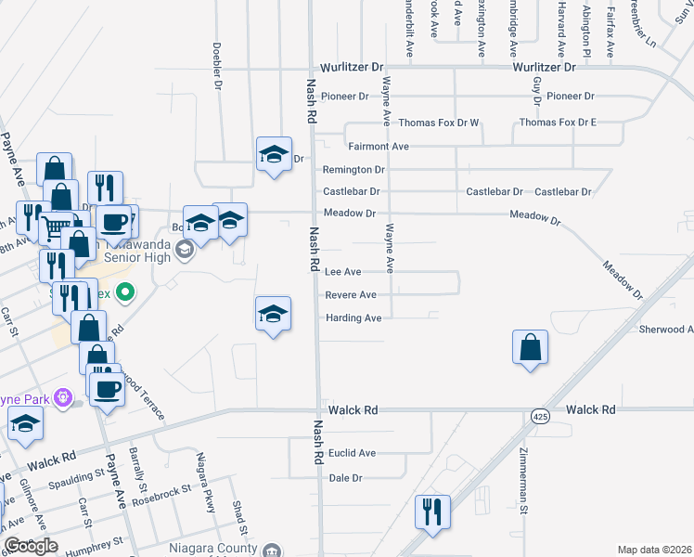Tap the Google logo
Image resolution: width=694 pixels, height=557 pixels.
coord(31,546)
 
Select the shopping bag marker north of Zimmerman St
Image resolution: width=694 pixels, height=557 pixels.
coord(529,348)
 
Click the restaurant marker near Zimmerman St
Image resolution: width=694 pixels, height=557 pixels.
coord(432,512)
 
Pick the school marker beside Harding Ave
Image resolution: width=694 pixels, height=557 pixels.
coord(274,315)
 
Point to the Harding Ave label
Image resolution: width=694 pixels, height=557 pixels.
coord(353,318)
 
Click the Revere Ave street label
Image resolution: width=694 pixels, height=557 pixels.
coord(351,295)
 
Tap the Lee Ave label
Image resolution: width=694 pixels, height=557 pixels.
coord(342,272)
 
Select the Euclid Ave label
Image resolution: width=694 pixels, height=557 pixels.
coord(352,453)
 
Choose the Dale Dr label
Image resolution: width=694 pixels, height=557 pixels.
coord(345,478)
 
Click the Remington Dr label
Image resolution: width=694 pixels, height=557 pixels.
coord(353,170)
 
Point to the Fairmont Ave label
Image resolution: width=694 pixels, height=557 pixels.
coord(379,147)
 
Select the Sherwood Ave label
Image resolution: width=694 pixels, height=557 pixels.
coord(666,330)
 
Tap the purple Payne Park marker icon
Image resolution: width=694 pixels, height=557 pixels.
coord(63,398)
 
